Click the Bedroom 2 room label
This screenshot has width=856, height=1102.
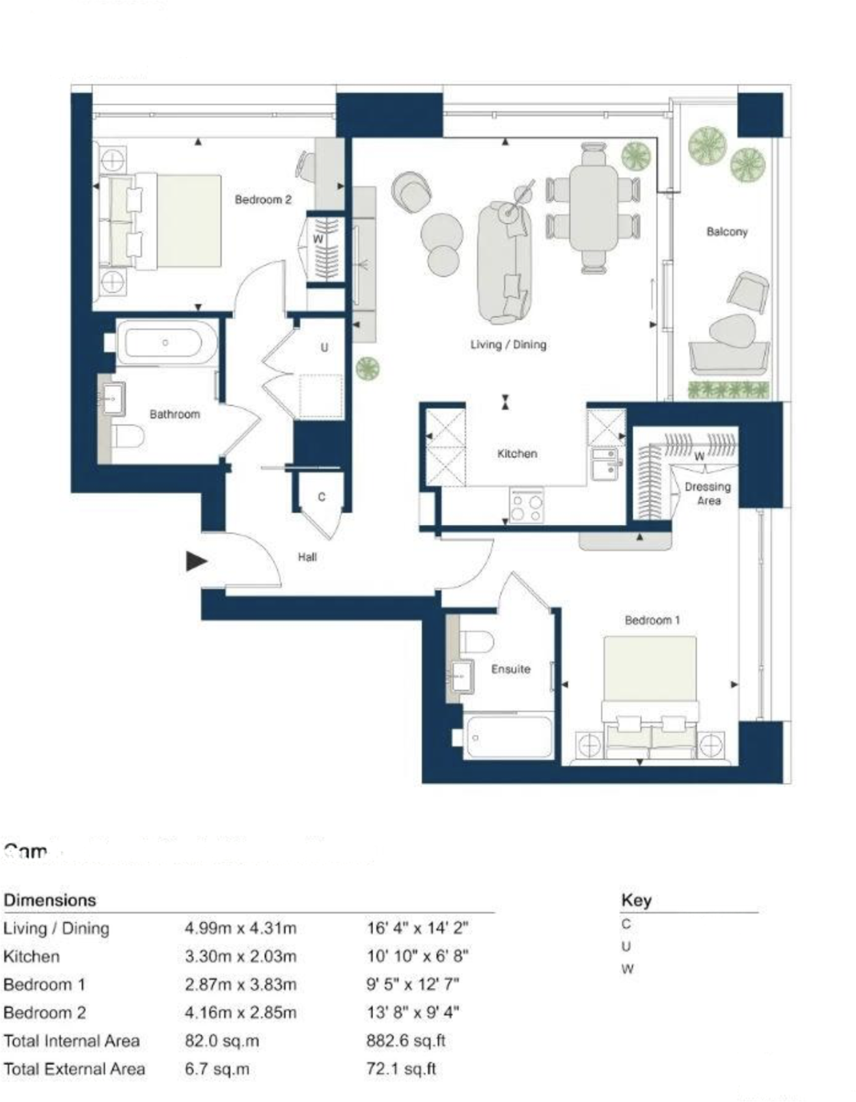click(263, 200)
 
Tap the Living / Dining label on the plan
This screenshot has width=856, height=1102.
click(508, 345)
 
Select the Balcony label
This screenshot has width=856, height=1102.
click(727, 232)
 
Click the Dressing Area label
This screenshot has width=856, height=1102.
click(708, 494)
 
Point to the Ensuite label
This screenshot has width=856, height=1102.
click(511, 669)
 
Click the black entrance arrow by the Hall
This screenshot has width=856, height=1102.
click(196, 561)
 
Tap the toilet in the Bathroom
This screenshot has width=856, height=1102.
click(128, 436)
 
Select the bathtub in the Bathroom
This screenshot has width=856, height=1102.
click(167, 343)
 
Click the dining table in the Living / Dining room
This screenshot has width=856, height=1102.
click(593, 207)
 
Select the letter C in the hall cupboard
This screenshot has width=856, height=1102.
click(321, 498)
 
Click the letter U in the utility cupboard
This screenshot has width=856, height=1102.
click(324, 347)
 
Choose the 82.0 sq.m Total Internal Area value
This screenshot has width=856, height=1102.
click(222, 1041)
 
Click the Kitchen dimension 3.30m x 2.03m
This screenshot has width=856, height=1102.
click(241, 956)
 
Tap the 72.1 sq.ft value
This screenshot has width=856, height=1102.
click(401, 1069)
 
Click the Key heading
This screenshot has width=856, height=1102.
click(636, 900)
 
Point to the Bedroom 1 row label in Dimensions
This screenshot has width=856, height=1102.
click(44, 984)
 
